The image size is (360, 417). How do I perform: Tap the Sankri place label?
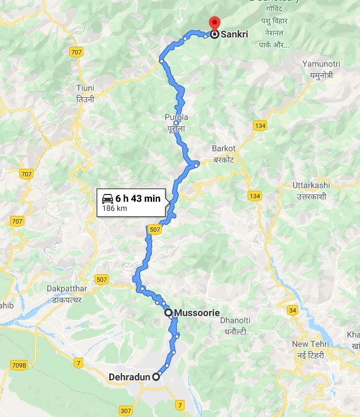click(234, 34)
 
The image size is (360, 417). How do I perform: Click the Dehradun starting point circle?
click(156, 377)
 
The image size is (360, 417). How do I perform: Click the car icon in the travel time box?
click(108, 198)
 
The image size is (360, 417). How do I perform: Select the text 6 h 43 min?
click(138, 198)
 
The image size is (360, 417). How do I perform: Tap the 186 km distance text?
click(115, 208)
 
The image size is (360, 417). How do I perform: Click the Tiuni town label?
click(86, 88)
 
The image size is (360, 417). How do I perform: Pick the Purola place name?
click(176, 118)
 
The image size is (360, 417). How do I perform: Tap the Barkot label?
click(223, 148)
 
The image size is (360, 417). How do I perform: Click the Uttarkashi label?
click(311, 186)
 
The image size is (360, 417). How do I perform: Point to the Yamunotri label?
click(321, 64)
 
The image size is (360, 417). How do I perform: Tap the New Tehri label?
click(310, 344)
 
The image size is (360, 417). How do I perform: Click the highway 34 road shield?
click(292, 311)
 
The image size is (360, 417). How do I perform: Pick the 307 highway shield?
click(126, 410)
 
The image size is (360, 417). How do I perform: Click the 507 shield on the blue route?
click(155, 230)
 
